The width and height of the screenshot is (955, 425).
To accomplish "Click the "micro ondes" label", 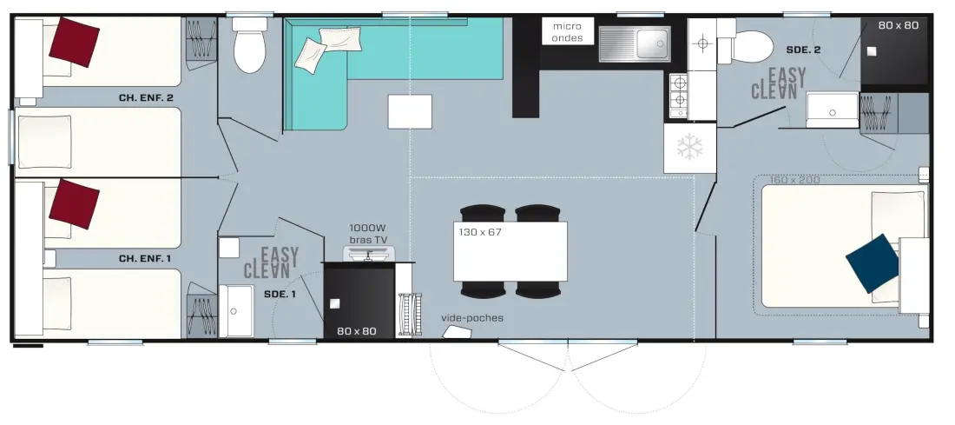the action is click(567, 31).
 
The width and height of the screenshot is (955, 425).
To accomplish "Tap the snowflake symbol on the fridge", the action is click(689, 147).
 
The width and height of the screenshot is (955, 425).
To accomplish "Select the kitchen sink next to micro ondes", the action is click(634, 44).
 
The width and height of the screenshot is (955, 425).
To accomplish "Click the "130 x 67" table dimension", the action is click(480, 232).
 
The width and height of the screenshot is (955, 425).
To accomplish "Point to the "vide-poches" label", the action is click(472, 318).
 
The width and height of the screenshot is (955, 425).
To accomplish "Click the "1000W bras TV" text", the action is click(368, 234).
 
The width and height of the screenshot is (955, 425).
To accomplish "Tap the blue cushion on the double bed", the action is click(873, 262).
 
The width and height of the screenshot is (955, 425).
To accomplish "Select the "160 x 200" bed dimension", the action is click(794, 180).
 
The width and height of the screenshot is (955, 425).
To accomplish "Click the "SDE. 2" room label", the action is click(803, 50).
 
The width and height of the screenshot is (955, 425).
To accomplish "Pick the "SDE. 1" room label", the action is click(280, 294).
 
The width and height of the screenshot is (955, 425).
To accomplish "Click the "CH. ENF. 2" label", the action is click(146, 97).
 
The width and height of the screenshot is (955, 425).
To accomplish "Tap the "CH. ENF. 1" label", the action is click(145, 258).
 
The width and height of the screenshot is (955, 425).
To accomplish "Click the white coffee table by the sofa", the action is click(410, 111).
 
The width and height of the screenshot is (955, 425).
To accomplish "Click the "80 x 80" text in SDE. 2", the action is click(899, 25).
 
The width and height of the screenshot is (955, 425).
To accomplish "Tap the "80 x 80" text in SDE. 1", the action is click(357, 331).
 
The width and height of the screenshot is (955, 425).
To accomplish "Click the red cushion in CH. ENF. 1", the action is click(75, 203).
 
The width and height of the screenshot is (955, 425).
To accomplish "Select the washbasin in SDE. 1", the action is click(235, 311).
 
